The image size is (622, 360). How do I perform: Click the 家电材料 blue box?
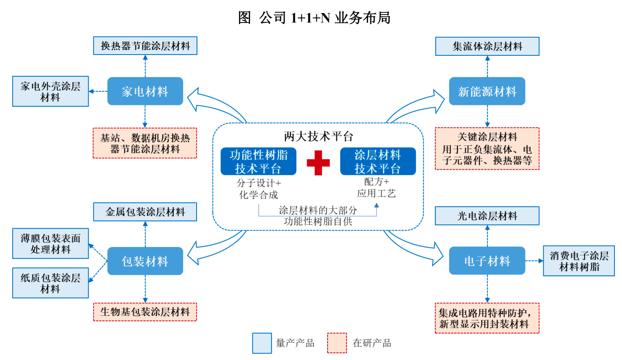(x=145, y=91)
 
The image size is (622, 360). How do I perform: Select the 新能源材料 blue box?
(x=487, y=91)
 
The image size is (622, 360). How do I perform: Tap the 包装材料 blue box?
(x=145, y=261)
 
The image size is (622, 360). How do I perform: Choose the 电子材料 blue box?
(x=487, y=261)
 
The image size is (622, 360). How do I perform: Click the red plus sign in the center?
(x=318, y=163)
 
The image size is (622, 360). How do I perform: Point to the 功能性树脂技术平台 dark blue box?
(x=258, y=161)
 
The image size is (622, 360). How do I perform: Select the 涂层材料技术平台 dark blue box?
(x=378, y=161)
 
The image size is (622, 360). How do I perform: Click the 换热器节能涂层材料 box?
(x=145, y=46)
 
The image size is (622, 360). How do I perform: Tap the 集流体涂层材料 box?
(x=487, y=46)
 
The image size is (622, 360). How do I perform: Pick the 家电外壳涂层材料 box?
(x=50, y=91)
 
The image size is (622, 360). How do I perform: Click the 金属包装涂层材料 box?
(x=145, y=212)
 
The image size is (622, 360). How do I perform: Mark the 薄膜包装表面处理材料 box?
(x=50, y=243)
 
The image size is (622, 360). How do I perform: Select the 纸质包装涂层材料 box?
(x=50, y=283)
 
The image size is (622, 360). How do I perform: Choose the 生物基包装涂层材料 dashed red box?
(x=145, y=312)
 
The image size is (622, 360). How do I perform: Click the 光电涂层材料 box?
(x=487, y=216)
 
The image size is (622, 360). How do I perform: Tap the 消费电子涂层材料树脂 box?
(x=579, y=261)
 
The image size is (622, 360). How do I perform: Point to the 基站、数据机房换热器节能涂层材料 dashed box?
(x=145, y=143)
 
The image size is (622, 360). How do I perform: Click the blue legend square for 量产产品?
(x=262, y=343)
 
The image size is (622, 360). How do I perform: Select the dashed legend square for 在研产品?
(x=337, y=343)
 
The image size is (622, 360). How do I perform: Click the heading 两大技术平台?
(x=318, y=136)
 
